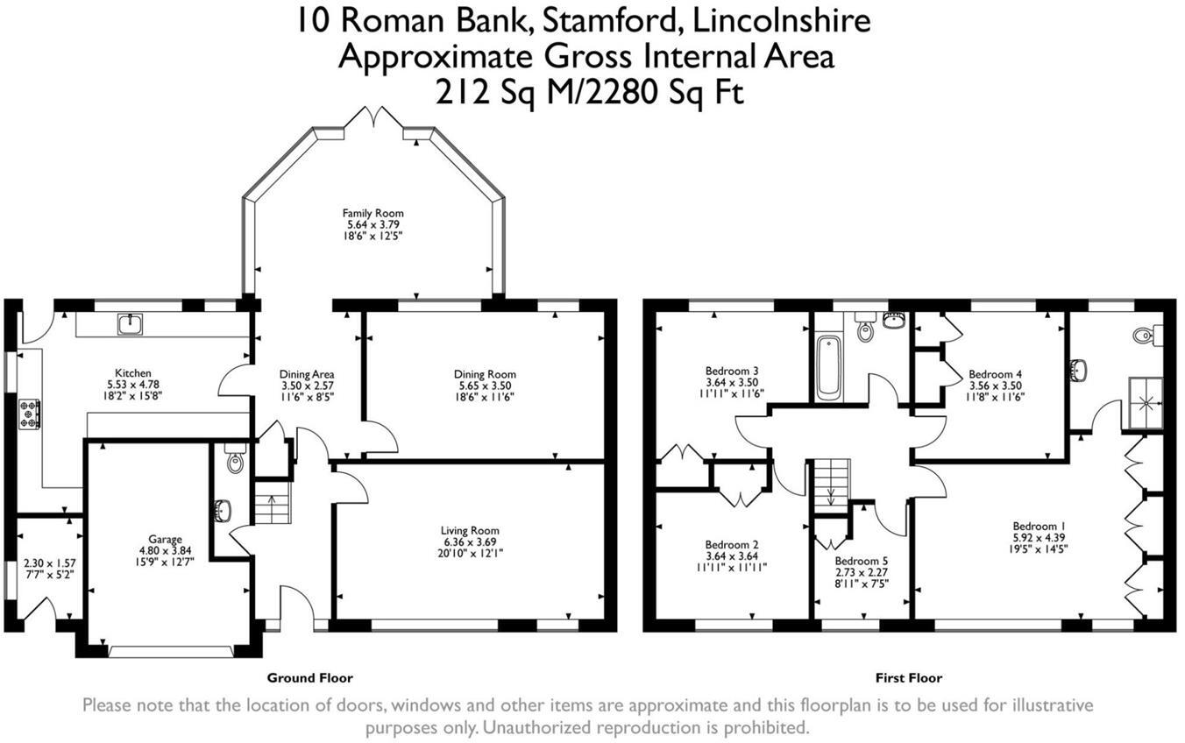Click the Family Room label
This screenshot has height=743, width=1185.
pos(373,213)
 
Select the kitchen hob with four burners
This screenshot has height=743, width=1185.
pos(29,414)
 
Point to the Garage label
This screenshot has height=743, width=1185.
pos(165,539)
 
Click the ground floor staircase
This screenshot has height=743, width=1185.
pos(273,507)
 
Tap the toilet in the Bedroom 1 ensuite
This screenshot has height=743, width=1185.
pos(1145,334)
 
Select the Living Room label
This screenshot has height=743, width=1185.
pos(470,530)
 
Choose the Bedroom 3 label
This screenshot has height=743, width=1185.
pos(731,370)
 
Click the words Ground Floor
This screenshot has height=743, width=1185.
pos(309,677)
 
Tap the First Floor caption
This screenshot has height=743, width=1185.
pos(908,677)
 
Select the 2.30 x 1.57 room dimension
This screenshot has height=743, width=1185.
pos(50,564)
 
